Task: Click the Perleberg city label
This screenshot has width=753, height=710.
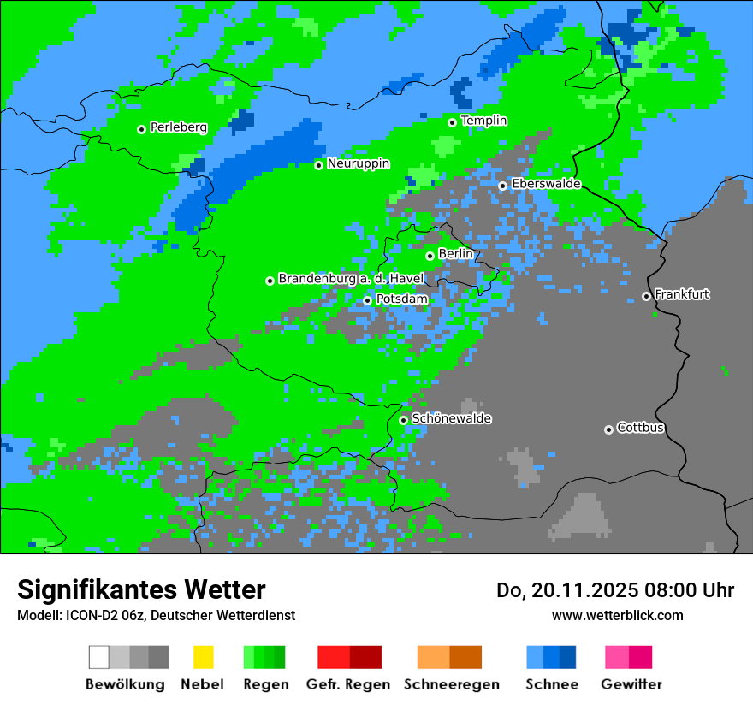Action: (178, 127)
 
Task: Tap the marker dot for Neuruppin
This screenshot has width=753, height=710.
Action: (318, 165)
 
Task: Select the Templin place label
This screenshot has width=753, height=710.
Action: (483, 121)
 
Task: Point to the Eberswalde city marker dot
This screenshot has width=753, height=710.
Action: (502, 186)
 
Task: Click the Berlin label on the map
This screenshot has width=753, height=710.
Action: (455, 254)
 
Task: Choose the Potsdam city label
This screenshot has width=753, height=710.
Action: (401, 299)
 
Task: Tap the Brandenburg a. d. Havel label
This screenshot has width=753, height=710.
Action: (351, 279)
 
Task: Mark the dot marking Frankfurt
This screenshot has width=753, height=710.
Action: (646, 297)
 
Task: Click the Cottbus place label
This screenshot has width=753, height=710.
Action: (640, 428)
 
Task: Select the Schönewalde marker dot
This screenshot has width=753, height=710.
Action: (403, 420)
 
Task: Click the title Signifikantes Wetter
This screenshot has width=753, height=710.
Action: (141, 590)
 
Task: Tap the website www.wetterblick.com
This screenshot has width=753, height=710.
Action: (617, 615)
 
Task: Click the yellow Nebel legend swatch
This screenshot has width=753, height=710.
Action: (203, 657)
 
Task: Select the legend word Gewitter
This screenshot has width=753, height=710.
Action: (631, 684)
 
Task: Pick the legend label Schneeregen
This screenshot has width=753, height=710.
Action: (451, 684)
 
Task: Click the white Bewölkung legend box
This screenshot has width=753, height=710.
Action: (99, 657)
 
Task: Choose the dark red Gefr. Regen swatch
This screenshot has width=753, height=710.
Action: (365, 657)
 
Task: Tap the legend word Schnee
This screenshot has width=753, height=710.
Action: (551, 684)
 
